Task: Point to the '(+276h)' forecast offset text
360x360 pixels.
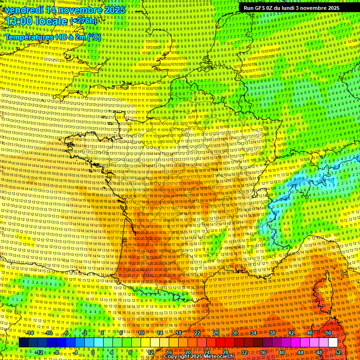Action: click(83, 21)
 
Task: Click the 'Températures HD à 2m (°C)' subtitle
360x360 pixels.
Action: click(53, 37)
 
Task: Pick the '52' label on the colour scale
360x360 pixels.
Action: click(338, 352)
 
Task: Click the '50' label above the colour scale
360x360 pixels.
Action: click(328, 333)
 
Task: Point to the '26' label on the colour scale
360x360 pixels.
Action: click(216, 333)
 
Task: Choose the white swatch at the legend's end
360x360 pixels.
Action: click(333, 343)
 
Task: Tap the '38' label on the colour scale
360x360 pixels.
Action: click(272, 333)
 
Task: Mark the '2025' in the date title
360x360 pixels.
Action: click(114, 9)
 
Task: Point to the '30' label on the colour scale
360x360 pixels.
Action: click(235, 333)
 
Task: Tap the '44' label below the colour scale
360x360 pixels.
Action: click(300, 352)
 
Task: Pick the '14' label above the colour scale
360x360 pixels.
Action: click(160, 333)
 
